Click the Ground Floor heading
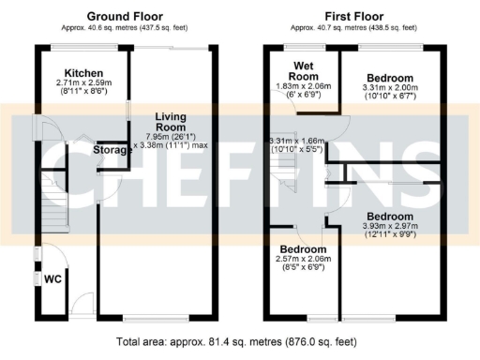(124, 17)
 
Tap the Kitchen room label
(83, 73)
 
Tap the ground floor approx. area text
(124, 29)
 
